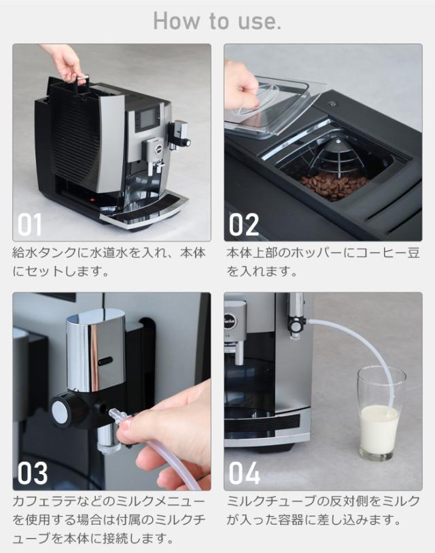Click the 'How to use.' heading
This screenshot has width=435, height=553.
[217, 21]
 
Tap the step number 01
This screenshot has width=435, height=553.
[30, 224]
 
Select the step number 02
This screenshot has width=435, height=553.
[244, 224]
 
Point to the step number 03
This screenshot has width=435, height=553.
[33, 473]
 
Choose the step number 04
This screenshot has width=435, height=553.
[244, 473]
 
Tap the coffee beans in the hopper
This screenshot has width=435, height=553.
[333, 186]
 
